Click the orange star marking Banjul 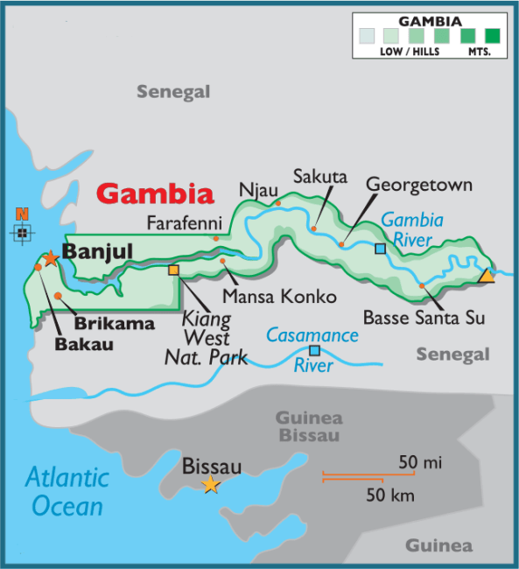coord(51,258)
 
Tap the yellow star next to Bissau coord(211,485)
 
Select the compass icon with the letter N coord(23,231)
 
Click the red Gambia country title coord(155,193)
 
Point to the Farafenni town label coord(184,221)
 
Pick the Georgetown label coord(418,185)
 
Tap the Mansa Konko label coord(279,297)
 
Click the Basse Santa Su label coord(424,316)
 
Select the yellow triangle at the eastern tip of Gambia coord(486,276)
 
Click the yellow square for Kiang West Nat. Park coord(173,270)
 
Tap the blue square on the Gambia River coord(380,249)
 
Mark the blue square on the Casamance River coord(313,351)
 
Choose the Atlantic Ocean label coord(67,491)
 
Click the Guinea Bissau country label coord(309,426)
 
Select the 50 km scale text coord(390,496)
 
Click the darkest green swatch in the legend coord(493,36)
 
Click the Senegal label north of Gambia coord(173,92)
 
